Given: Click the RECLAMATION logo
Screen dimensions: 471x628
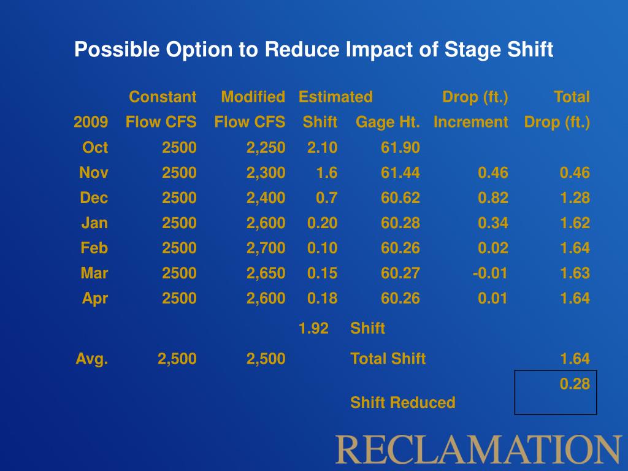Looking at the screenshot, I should tap(478, 449).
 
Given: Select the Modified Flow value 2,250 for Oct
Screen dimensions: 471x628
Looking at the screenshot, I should tap(266, 147).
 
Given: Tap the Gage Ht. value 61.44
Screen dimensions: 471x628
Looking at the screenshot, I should tap(400, 173).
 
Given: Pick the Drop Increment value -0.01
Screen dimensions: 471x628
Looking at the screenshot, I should tap(490, 273).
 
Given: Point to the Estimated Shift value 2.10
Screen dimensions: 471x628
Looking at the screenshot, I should tap(322, 147).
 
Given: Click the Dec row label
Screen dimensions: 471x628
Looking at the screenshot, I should tap(94, 198).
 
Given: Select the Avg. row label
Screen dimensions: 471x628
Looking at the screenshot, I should tap(92, 359).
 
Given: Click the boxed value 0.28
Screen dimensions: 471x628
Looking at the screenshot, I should tap(575, 385).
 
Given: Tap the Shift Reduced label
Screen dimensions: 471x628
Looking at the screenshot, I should tap(402, 403).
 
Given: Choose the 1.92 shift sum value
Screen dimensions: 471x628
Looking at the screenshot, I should tap(313, 329).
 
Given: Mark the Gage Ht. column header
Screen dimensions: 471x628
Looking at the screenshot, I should tap(388, 123).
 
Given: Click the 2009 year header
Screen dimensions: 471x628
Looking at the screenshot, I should tap(91, 123).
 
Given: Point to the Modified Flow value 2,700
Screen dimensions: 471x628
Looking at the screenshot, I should tap(266, 248).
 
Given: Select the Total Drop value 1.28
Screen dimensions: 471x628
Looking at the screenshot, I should tap(575, 198).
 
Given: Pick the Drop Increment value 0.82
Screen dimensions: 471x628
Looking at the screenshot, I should tap(493, 198).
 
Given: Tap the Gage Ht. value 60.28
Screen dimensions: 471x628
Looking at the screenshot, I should tap(400, 223).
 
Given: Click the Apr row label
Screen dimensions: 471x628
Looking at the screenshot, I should tap(95, 299).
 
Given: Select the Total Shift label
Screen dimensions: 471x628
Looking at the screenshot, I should tap(388, 359).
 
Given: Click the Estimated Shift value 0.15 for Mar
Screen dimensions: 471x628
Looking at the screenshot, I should tap(322, 273).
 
